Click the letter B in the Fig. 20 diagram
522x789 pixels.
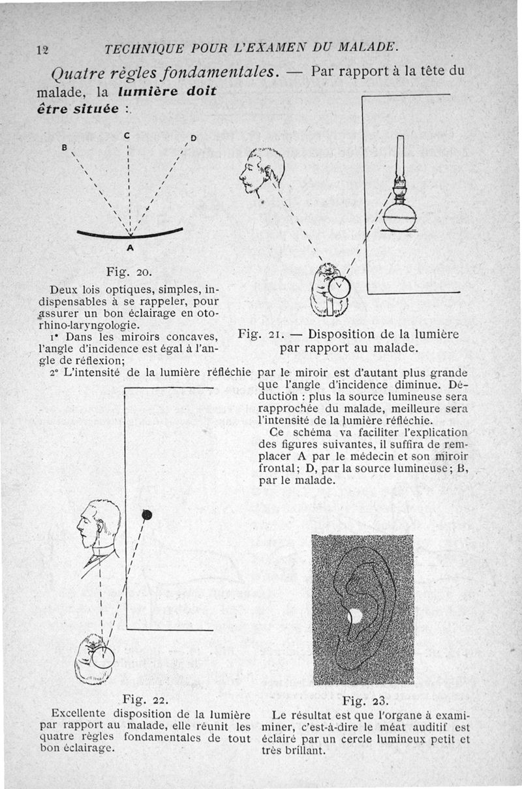coord(65,147)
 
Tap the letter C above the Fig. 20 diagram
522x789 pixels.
coord(127,136)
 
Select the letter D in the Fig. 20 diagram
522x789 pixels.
coord(193,138)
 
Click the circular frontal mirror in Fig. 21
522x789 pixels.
coord(339,286)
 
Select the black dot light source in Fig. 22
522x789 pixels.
coord(147,515)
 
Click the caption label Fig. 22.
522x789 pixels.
coord(147,701)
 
